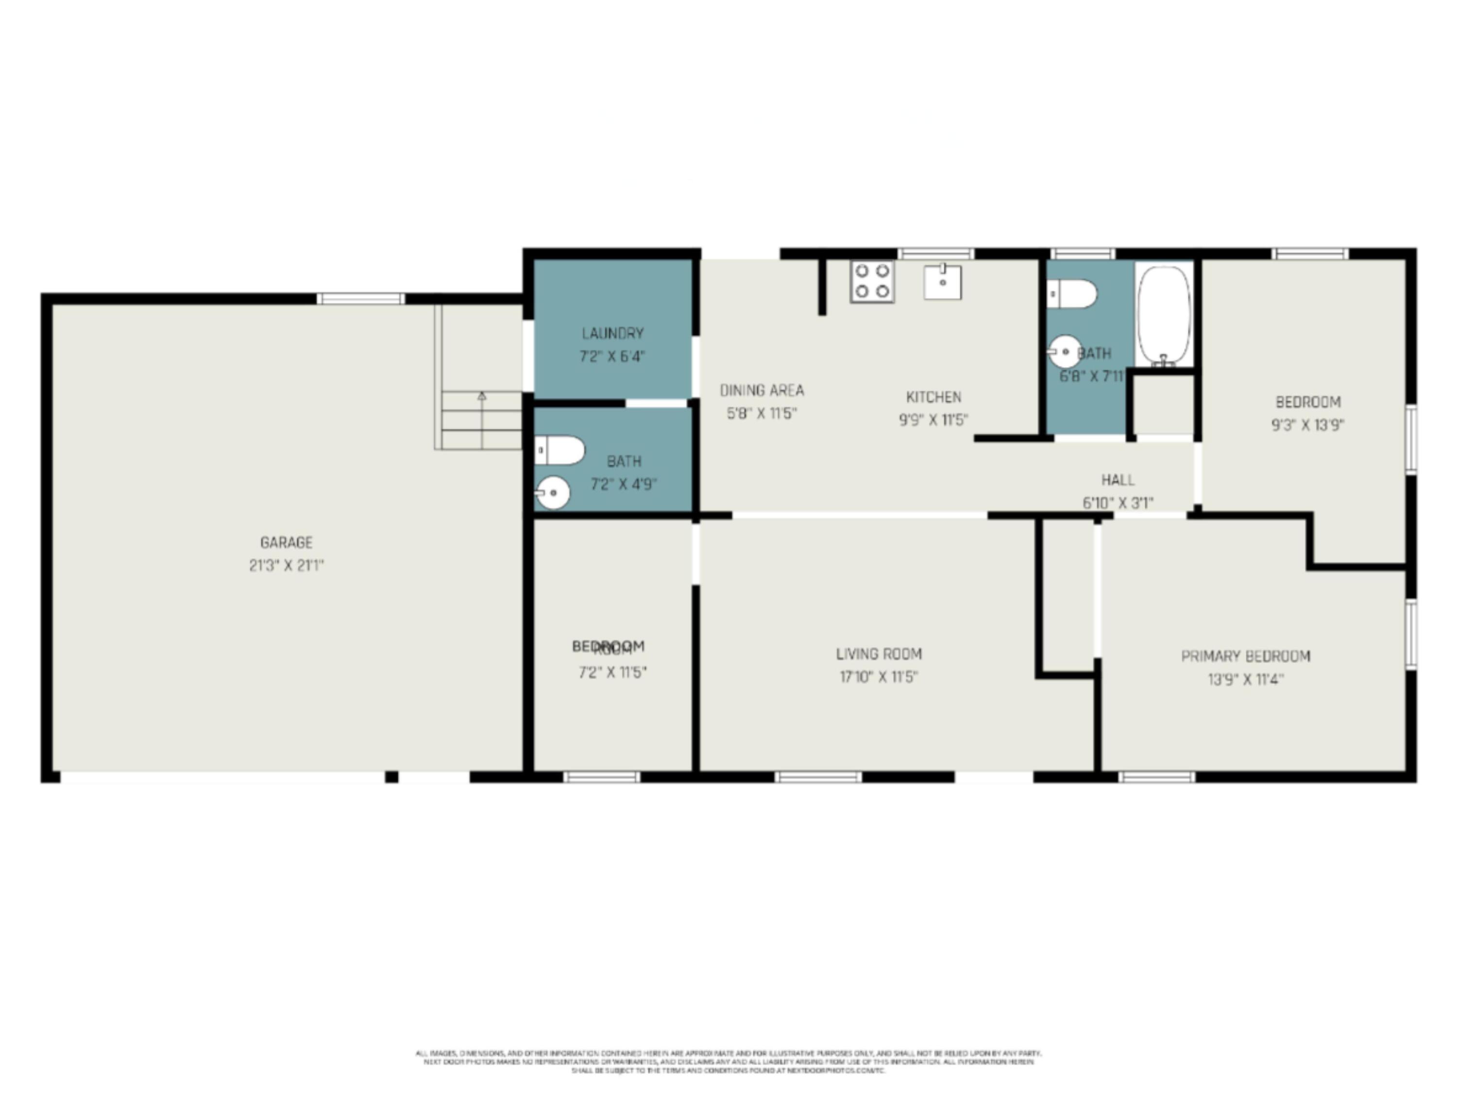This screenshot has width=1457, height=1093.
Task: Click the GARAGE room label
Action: pos(286,542)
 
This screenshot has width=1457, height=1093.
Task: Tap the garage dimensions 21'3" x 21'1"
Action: pos(286,565)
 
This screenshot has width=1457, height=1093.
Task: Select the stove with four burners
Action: pos(871,281)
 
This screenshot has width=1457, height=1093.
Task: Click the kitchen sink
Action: pos(942,282)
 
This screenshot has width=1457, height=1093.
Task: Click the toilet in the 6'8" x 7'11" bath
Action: pos(1072,294)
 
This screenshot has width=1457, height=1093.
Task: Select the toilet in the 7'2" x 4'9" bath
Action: pos(559,450)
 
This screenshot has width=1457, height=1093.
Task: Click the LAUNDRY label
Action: pos(612,333)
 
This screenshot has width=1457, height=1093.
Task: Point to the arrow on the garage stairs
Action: pos(481,396)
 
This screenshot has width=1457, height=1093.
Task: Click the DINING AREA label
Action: pos(762,391)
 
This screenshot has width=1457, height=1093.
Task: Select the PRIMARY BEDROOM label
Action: pos(1245,656)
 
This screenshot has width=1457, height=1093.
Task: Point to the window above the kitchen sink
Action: pos(935,254)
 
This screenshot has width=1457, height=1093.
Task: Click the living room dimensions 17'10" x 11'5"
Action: pos(879,677)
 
